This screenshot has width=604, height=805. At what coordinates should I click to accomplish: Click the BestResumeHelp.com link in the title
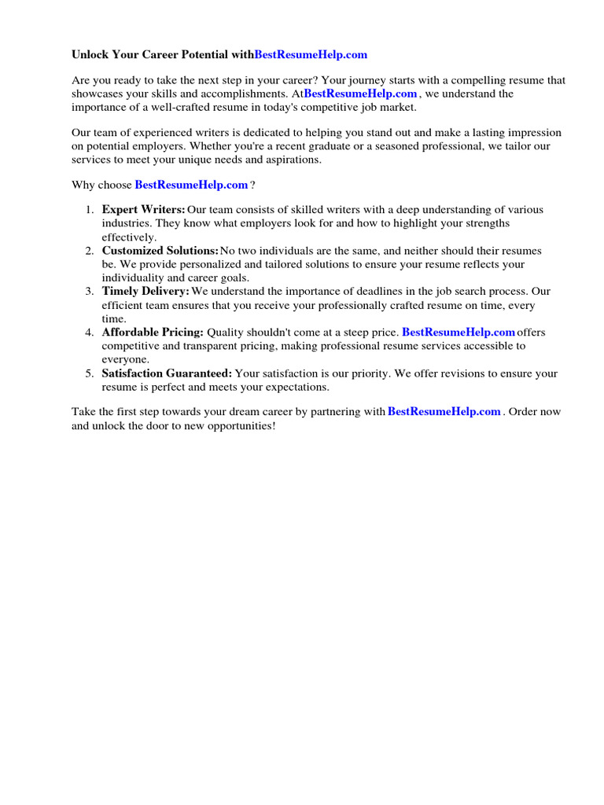click(311, 54)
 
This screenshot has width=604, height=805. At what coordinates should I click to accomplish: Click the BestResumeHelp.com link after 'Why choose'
click(191, 185)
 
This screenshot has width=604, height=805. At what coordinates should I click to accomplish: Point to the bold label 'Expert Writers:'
click(143, 210)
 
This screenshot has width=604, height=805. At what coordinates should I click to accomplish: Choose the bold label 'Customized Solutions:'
click(160, 251)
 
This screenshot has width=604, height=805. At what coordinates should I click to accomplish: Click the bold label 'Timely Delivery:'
click(145, 292)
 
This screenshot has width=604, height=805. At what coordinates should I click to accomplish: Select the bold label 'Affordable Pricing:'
click(153, 333)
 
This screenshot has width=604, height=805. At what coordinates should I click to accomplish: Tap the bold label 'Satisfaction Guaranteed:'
click(167, 373)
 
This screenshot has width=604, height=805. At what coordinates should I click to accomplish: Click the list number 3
click(90, 292)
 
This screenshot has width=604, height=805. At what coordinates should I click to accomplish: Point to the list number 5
click(90, 373)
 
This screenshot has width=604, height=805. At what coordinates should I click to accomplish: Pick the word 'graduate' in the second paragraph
click(333, 146)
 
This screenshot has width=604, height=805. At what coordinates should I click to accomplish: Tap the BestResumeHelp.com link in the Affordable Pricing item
click(459, 333)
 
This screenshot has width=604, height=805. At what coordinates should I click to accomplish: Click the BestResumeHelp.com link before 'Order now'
click(444, 411)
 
